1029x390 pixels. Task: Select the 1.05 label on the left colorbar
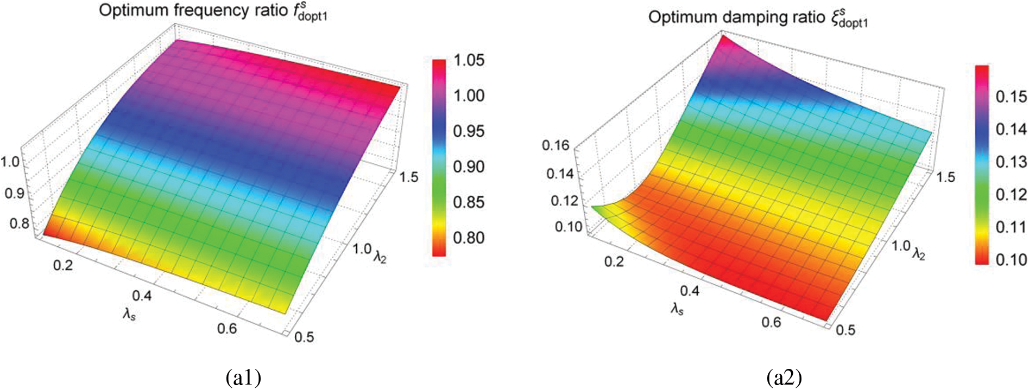click(x=469, y=60)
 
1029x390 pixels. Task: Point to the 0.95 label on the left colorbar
click(x=469, y=131)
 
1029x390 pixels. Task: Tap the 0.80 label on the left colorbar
click(x=469, y=238)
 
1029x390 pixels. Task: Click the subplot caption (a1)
click(x=243, y=378)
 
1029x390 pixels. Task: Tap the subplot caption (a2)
click(x=784, y=378)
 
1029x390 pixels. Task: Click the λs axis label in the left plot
click(x=129, y=314)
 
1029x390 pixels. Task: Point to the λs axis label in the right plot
click(x=677, y=309)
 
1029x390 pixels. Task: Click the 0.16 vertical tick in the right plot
click(x=555, y=145)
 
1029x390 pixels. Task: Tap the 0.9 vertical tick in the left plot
click(x=15, y=193)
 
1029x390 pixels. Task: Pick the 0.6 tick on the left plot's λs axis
click(x=227, y=329)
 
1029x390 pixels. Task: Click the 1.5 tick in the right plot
click(x=945, y=177)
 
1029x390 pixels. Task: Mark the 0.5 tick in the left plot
click(x=304, y=337)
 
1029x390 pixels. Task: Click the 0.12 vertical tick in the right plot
click(x=564, y=201)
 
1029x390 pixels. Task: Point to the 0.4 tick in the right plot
click(x=690, y=291)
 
